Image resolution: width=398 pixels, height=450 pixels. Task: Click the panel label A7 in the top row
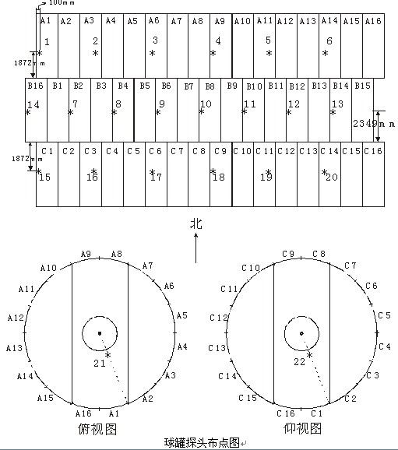(x=176, y=21)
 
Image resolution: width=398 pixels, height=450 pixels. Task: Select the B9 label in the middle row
(x=232, y=86)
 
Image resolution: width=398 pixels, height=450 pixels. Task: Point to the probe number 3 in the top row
(x=155, y=40)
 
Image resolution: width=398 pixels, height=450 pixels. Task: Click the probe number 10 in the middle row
(x=206, y=104)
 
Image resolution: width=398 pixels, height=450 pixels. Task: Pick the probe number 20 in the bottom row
(x=332, y=177)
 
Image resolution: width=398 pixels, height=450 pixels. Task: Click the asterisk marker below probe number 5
(x=269, y=53)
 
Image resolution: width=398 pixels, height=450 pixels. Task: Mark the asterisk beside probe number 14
(x=28, y=112)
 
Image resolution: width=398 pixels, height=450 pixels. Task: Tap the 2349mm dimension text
(x=374, y=124)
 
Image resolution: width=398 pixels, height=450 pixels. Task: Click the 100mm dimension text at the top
(x=62, y=2)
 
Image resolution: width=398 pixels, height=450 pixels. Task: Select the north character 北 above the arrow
(x=196, y=224)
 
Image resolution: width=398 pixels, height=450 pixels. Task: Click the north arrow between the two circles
(x=196, y=248)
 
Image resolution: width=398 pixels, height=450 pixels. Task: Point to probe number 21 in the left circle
(x=100, y=364)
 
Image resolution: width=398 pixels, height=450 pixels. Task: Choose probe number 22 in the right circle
(x=299, y=361)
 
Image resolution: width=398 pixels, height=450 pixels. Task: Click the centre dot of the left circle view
(x=100, y=333)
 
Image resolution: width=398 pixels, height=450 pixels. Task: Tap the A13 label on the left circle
(x=14, y=348)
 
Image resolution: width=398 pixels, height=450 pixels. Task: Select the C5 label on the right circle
(x=384, y=315)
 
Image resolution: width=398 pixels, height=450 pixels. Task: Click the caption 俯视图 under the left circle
(x=97, y=429)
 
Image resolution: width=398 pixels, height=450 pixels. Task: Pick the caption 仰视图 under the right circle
(x=302, y=429)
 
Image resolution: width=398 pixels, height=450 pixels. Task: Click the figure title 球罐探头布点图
(x=202, y=443)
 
